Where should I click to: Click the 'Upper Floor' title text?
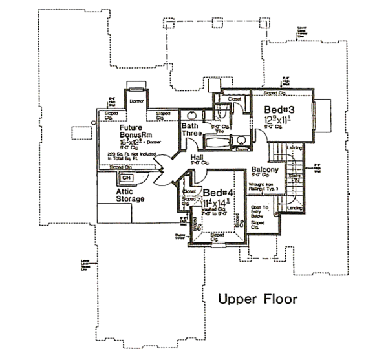click(257, 299)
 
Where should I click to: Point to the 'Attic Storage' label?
click(130, 195)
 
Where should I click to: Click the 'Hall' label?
click(198, 158)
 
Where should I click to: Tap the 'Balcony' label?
click(264, 170)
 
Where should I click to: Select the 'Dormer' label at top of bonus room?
click(136, 101)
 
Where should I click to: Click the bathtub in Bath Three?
click(222, 142)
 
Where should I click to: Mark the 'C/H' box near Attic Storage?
click(126, 178)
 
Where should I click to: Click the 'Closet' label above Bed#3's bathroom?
click(235, 100)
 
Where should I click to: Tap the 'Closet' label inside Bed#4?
click(189, 192)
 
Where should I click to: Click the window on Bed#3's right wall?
click(315, 115)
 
